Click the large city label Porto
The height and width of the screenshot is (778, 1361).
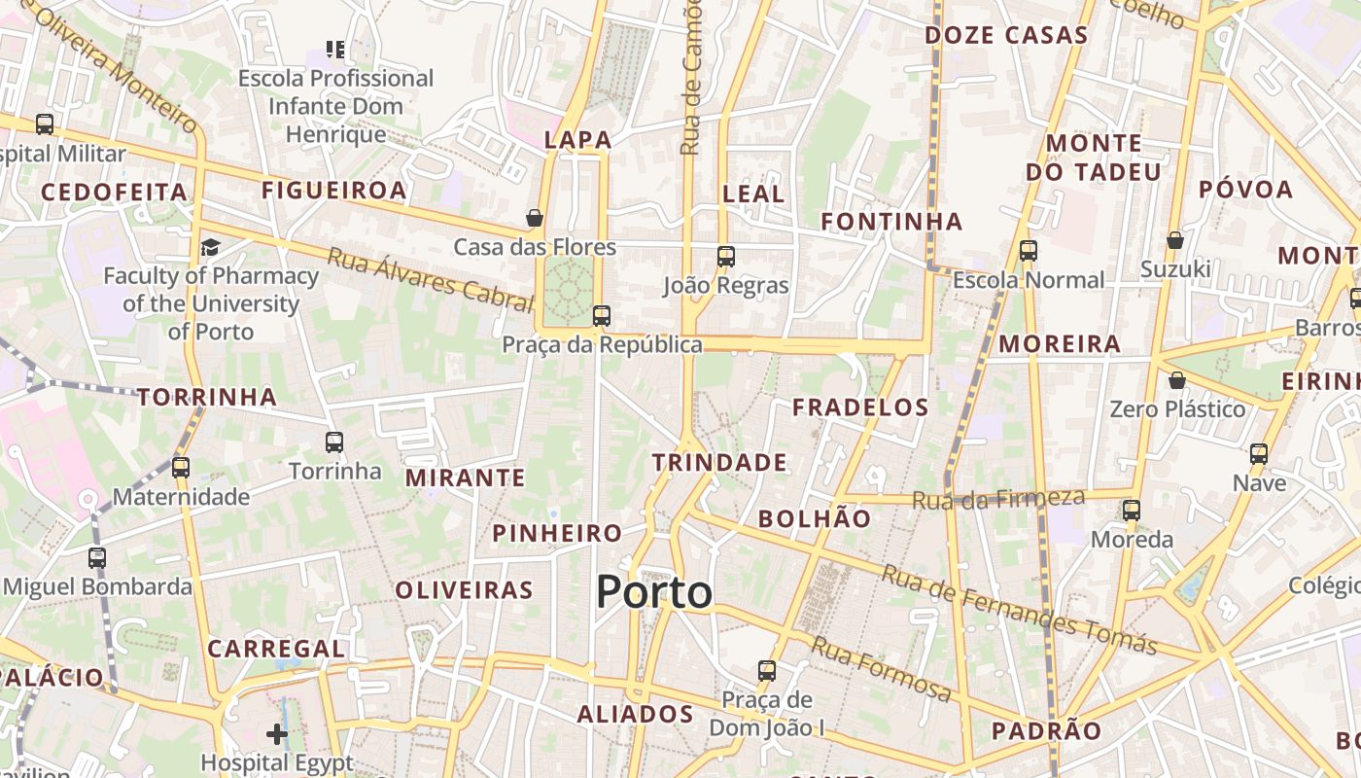point(654,591)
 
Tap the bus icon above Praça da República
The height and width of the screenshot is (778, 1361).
point(602,315)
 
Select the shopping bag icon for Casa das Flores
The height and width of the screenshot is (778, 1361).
point(535,217)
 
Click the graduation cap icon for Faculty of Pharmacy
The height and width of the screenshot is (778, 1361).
point(210,247)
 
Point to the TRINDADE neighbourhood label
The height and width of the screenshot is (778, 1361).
point(719,462)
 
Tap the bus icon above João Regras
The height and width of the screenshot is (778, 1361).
point(726,257)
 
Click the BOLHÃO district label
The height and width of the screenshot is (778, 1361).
point(815,518)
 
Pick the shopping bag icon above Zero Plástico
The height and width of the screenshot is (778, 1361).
point(1177,379)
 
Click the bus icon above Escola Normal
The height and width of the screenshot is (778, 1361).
point(1029,251)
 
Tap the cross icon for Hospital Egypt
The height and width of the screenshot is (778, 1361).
point(277,733)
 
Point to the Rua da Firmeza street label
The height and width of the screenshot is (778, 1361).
point(998,499)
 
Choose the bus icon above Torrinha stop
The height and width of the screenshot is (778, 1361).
point(334,442)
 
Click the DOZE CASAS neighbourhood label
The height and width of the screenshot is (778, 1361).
point(1006,35)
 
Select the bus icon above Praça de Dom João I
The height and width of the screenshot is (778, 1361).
point(767,670)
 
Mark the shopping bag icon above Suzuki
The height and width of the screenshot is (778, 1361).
point(1175,239)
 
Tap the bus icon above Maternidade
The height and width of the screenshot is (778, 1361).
point(181,467)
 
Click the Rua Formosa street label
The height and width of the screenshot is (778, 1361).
point(882,669)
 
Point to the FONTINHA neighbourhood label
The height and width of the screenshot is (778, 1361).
point(891,222)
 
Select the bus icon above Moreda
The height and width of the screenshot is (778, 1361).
point(1132,510)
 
